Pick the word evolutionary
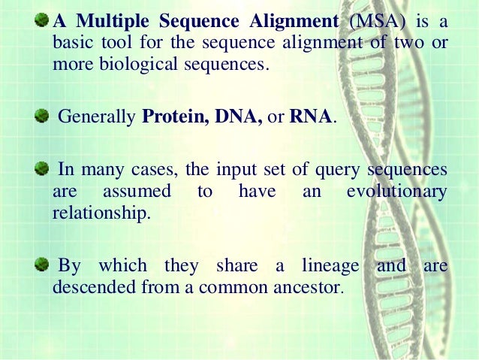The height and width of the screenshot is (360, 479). pyautogui.click(x=397, y=191)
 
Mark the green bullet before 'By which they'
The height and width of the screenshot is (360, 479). pyautogui.click(x=44, y=265)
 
